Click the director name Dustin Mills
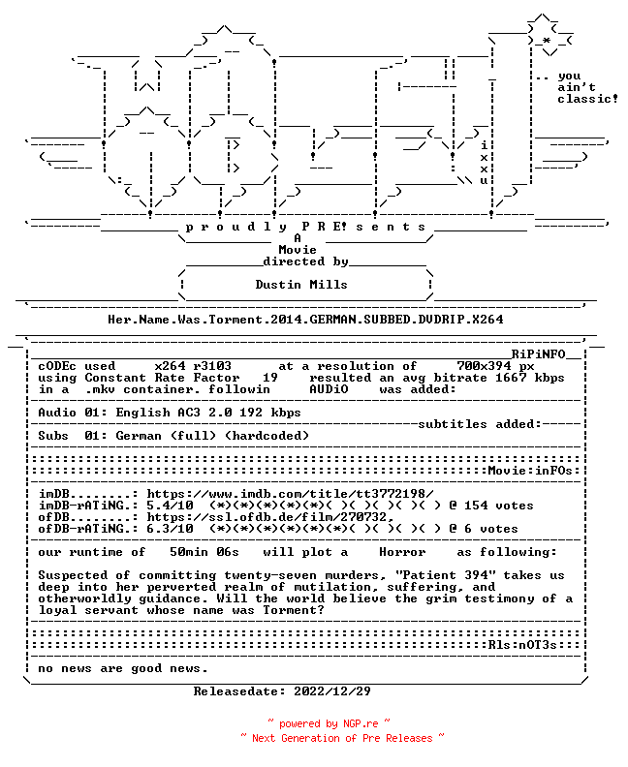pos(301,284)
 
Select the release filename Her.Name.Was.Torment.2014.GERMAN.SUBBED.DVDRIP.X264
pos(305,320)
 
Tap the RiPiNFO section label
pos(538,354)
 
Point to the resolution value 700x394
pos(484,366)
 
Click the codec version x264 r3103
pos(193,366)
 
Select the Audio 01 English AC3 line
pos(170,413)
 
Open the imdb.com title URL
pos(290,494)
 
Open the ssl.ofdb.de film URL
pos(270,517)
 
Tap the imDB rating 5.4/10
pos(170,506)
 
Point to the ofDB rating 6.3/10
pos(170,529)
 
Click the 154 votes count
pos(498,506)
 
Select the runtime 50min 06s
pos(204,552)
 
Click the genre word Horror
pos(402,552)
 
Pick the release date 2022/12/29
pos(331,691)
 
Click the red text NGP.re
pos(361,723)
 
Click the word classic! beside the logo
pos(587,99)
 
